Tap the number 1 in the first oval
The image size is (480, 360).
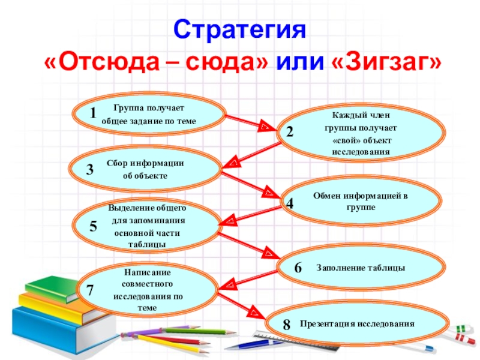(x=93, y=113)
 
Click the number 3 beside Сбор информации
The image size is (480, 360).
(x=89, y=170)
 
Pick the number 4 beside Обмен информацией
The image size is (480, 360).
(x=289, y=203)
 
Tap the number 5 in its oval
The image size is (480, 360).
(x=93, y=227)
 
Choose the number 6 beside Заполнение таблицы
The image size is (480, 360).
(x=297, y=268)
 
